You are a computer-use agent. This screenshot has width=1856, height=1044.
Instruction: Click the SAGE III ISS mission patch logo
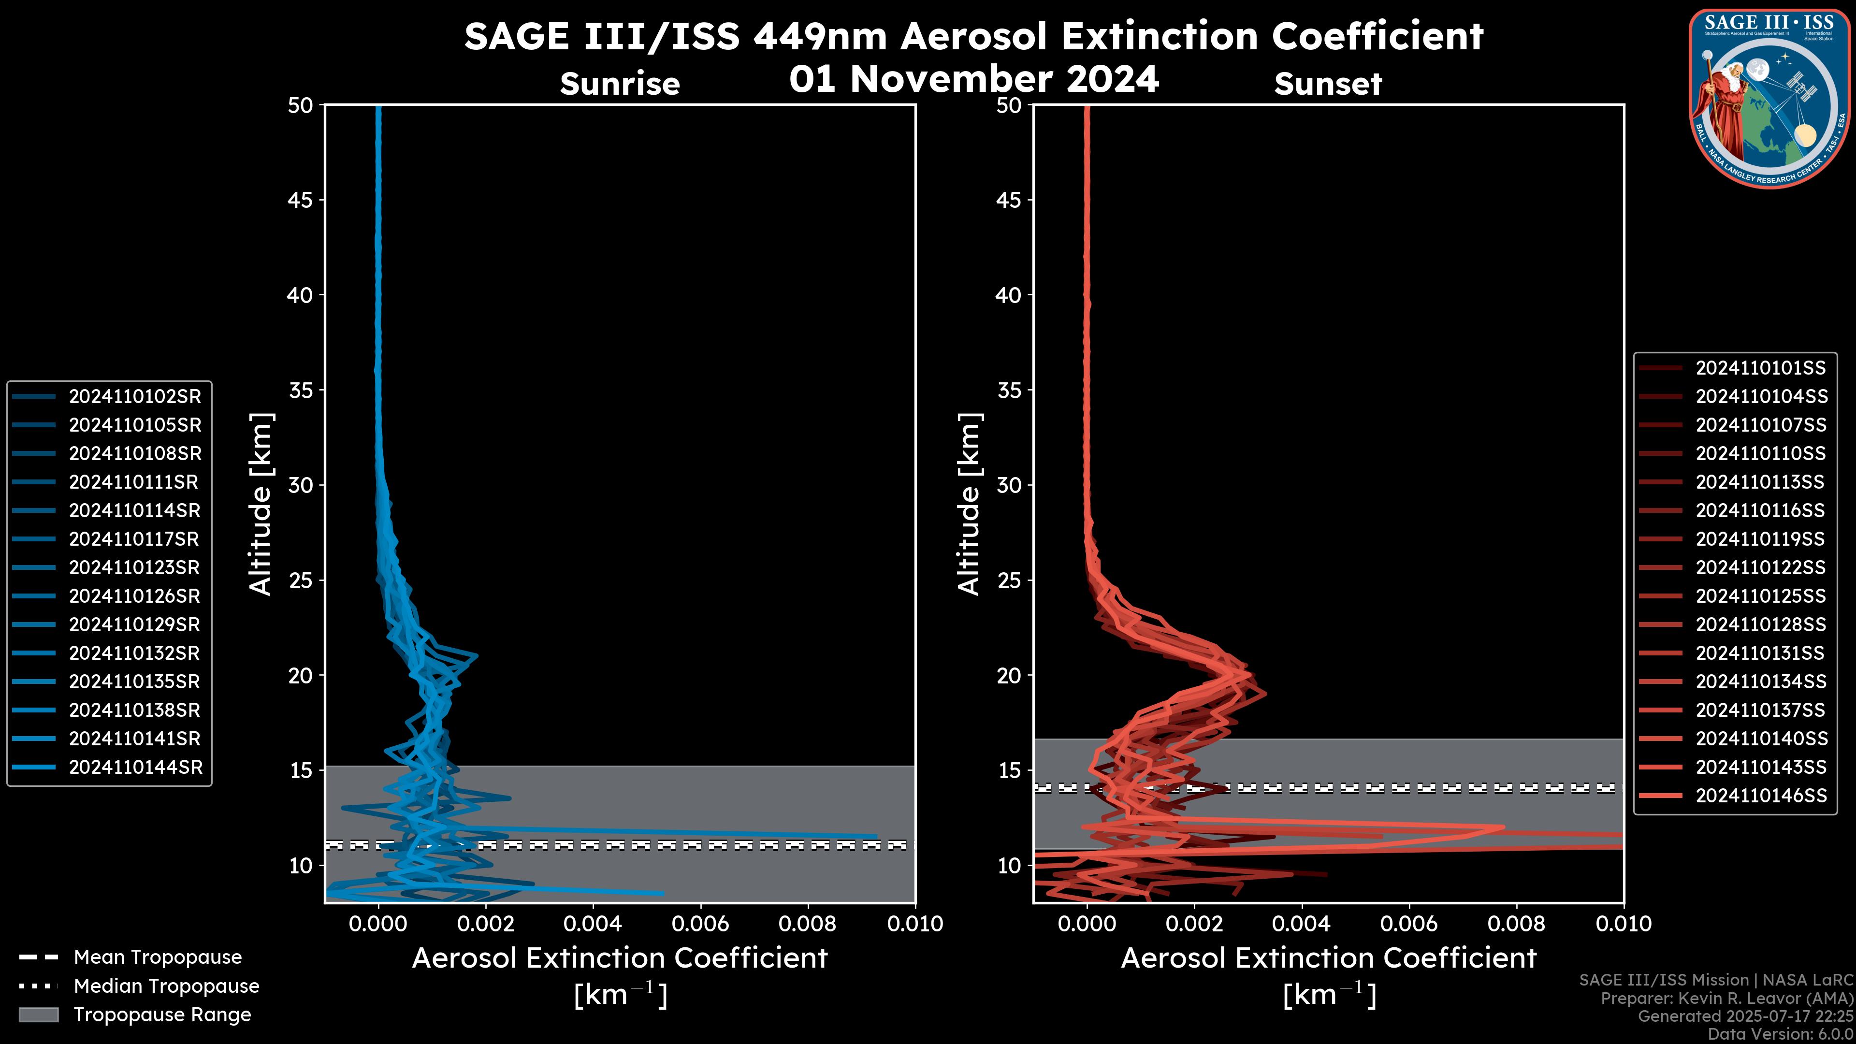tap(1769, 99)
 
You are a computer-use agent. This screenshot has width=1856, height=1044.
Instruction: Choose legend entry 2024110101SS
tap(1760, 368)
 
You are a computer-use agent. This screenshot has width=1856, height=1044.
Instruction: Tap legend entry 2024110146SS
tap(1760, 796)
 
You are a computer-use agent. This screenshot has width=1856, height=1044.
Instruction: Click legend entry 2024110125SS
tap(1760, 596)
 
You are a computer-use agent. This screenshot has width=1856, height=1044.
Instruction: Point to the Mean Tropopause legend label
tap(158, 957)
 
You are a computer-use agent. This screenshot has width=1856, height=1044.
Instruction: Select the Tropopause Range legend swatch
tap(38, 1015)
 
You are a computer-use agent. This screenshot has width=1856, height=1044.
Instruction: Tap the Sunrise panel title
tap(620, 84)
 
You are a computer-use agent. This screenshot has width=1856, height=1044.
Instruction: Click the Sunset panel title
tap(1328, 84)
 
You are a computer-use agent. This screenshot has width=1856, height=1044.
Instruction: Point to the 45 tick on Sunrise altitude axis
tap(301, 200)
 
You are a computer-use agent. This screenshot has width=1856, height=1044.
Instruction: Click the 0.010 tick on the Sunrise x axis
tap(914, 924)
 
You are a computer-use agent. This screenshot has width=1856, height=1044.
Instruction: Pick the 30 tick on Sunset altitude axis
tap(1009, 485)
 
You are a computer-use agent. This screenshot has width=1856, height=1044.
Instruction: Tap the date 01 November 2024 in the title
tap(974, 78)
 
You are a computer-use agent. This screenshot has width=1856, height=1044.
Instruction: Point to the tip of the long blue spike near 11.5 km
tap(876, 837)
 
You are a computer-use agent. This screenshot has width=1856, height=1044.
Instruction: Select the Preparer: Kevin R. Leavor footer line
tap(1726, 998)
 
